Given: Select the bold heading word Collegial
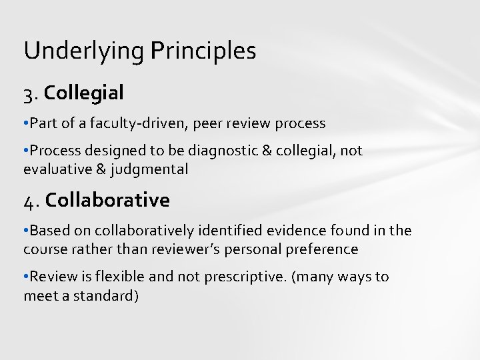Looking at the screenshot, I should pyautogui.click(x=86, y=93).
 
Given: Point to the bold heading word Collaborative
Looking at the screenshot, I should pyautogui.click(x=109, y=199).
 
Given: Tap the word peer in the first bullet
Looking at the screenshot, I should pyautogui.click(x=217, y=123).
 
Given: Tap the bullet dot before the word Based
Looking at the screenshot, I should pyautogui.click(x=25, y=231).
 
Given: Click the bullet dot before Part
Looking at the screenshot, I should pyautogui.click(x=25, y=123).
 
